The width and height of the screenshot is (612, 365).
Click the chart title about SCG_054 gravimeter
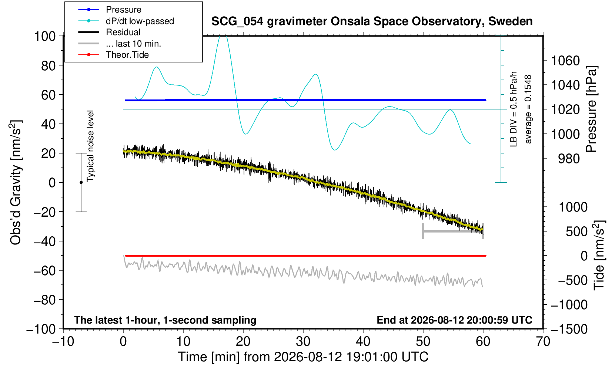(x=372, y=21)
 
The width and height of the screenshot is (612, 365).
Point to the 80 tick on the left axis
(x=49, y=66)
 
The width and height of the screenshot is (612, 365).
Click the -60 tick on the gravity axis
(x=45, y=271)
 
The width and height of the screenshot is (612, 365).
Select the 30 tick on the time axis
(x=303, y=341)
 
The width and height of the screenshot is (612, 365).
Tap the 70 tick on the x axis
(x=543, y=341)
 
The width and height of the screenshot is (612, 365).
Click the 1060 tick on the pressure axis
(x=565, y=61)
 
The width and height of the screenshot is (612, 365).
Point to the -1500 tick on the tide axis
(x=569, y=329)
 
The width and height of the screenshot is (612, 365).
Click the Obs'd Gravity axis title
(x=16, y=183)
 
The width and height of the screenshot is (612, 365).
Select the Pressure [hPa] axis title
(x=592, y=109)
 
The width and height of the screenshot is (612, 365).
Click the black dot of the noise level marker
(x=81, y=182)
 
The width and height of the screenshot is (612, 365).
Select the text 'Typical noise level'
(x=90, y=146)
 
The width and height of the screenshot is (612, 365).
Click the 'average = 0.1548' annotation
(x=528, y=109)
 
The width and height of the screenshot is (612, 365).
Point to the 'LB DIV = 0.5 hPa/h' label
(x=514, y=109)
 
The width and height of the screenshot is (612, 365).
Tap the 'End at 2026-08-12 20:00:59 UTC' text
(x=454, y=320)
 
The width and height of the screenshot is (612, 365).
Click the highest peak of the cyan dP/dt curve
(x=223, y=36)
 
